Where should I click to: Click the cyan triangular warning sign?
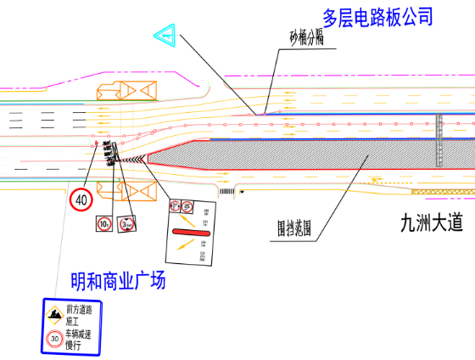tap(165, 36)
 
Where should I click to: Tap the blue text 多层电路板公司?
tap(378, 16)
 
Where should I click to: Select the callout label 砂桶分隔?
tap(307, 38)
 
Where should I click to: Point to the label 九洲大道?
tap(432, 224)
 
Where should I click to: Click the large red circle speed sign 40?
tap(81, 200)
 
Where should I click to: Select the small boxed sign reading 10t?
tap(103, 224)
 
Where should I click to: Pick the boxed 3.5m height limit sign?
tap(126, 224)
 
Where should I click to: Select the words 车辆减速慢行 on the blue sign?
tap(77, 339)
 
